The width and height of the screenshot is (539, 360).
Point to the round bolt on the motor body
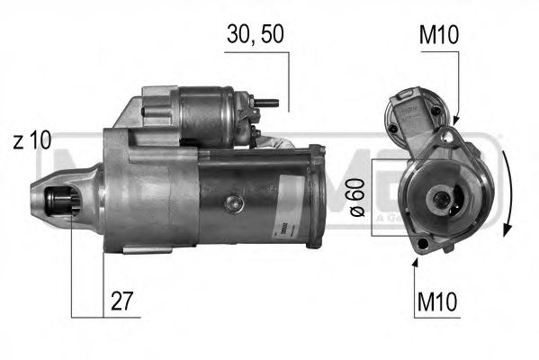click(x=233, y=203)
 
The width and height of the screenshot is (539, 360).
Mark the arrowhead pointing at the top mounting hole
click(x=454, y=120)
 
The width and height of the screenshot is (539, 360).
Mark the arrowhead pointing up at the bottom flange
click(x=416, y=262)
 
